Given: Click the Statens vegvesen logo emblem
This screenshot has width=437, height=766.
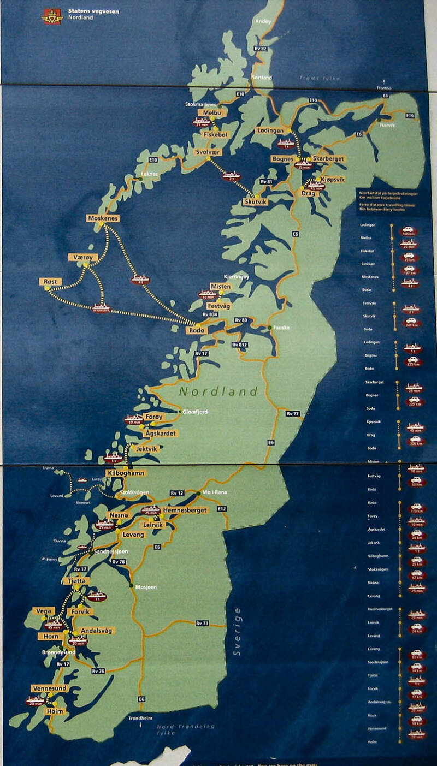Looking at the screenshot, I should (52, 16).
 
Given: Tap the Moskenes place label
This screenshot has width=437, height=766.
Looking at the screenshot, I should (103, 218).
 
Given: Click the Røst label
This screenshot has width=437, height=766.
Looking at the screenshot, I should (50, 281).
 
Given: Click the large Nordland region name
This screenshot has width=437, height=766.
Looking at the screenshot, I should (218, 391).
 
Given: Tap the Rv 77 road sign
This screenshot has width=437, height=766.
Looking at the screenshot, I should (293, 414).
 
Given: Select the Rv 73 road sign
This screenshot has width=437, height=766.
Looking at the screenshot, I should (202, 623).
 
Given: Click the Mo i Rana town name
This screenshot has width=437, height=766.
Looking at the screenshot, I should (214, 492).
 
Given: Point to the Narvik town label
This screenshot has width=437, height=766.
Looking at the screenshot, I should (388, 126).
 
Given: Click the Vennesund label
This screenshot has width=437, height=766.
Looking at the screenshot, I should (50, 688).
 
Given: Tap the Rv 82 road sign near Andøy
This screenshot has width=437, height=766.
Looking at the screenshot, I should (261, 49).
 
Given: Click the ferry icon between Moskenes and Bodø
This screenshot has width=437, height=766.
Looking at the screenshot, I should (140, 279).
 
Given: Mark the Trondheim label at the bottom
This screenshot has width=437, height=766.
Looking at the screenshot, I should (141, 718).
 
